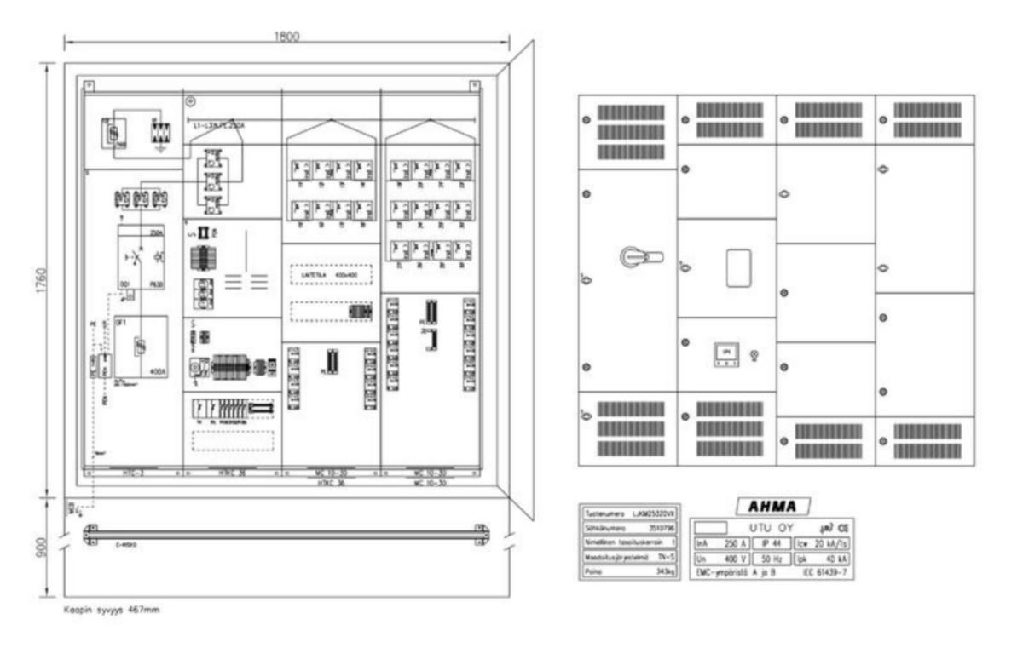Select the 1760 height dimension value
pyautogui.click(x=40, y=278)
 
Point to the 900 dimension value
pyautogui.click(x=40, y=546)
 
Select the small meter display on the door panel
pyautogui.click(x=727, y=353)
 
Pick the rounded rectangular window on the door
pyautogui.click(x=736, y=268)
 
